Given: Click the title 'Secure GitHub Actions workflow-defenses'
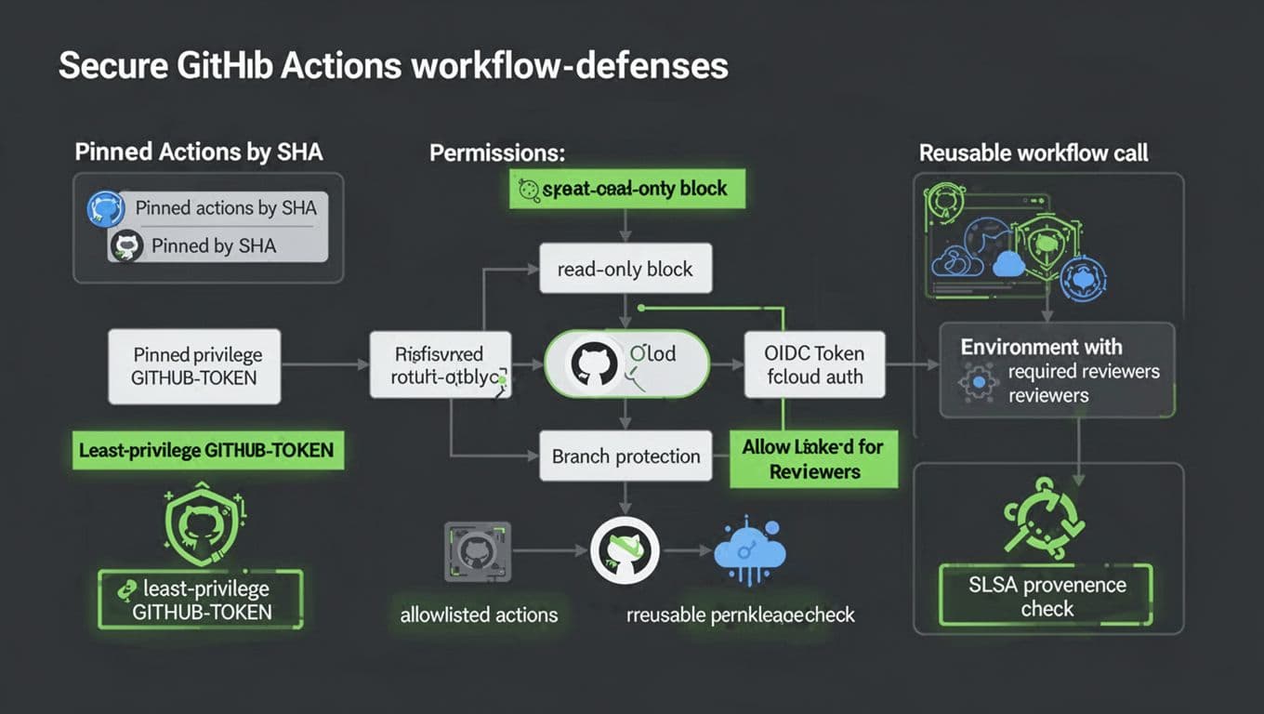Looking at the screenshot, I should point(393,66).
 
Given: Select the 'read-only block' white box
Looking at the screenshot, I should point(625,270).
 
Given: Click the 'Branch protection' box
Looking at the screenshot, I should point(625,456).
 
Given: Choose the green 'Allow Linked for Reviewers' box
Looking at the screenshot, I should point(813,458).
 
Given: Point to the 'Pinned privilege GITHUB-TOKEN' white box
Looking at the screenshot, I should point(194,366).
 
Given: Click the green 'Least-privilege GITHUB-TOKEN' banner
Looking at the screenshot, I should point(206,451).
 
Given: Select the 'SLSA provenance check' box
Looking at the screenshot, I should point(1047,596).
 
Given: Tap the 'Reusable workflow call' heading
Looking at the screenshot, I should point(1034,153).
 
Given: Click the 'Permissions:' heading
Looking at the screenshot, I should point(497,153).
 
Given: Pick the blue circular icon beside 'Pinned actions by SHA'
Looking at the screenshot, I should point(105,209).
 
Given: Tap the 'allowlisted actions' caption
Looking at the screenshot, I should point(479,615).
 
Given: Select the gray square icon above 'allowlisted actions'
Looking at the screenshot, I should point(475,551).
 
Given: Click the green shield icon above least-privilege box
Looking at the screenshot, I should point(193,525).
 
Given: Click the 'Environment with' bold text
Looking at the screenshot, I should point(1041,347).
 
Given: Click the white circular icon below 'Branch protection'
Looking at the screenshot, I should point(625,550).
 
